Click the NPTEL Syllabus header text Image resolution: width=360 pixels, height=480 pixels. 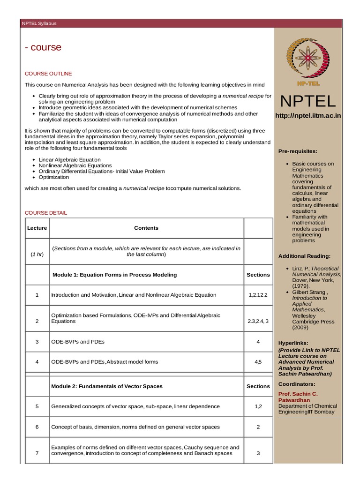39,23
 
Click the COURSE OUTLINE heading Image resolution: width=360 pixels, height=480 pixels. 48,74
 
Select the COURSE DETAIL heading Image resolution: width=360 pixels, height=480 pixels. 46,213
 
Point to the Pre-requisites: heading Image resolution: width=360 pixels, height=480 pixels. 298,151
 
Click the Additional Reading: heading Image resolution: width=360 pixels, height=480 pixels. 304,256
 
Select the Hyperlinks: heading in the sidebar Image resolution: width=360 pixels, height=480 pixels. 293,343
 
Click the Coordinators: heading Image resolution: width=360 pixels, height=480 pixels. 297,384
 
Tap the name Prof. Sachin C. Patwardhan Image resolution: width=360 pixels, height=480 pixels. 298,397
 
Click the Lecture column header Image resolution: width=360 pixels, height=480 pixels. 37,228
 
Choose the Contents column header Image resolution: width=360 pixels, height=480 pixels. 146,228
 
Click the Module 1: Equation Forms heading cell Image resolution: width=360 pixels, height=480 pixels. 114,275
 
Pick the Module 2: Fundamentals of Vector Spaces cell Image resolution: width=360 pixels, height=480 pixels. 107,386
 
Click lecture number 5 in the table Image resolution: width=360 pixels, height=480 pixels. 37,406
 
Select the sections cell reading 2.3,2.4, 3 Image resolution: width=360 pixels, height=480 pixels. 258,322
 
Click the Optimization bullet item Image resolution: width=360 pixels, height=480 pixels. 54,178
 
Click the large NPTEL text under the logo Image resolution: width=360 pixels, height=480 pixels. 308,101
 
